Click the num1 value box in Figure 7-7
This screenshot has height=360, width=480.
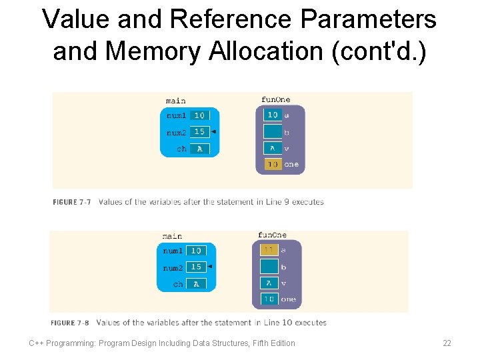point(199,115)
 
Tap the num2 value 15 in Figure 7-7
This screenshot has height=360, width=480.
point(199,132)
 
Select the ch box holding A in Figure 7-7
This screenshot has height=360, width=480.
point(199,149)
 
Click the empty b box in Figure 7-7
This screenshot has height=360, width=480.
point(272,132)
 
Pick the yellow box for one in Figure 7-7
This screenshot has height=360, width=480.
point(272,164)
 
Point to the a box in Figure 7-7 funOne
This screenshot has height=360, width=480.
point(272,115)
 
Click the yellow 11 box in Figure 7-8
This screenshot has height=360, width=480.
point(269,250)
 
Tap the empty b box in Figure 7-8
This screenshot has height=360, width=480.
point(269,267)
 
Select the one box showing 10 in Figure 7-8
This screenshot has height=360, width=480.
point(269,299)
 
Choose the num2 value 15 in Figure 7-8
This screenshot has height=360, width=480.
point(196,267)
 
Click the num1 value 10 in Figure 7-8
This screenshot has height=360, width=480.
point(196,251)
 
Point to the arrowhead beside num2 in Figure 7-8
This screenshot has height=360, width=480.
point(209,267)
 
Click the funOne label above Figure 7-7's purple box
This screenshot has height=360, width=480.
point(275,100)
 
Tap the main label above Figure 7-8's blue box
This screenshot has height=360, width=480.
point(172,236)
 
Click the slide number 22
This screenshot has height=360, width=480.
point(447,343)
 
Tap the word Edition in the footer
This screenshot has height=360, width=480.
point(279,343)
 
